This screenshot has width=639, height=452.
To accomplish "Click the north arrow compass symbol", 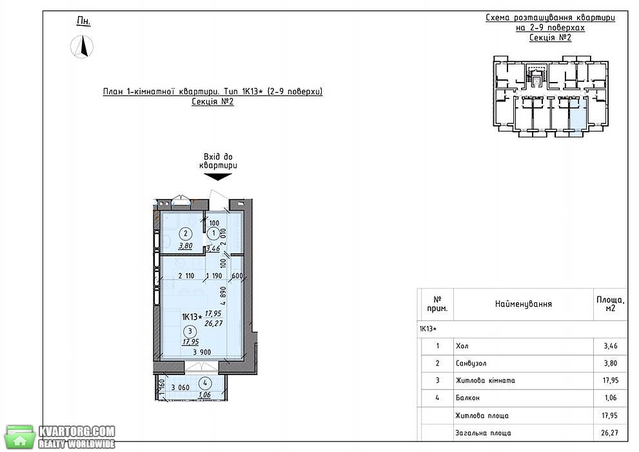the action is [82, 46].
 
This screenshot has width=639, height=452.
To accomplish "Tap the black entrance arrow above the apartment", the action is [217, 177].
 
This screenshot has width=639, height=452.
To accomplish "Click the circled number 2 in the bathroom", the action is [186, 234].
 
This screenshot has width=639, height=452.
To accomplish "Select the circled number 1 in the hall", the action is [213, 234].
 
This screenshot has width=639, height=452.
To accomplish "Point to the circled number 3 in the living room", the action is [190, 332].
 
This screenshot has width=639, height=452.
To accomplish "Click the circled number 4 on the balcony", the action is [205, 384].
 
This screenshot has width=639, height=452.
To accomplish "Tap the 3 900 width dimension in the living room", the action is [202, 352].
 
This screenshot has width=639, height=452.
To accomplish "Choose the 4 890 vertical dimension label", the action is [223, 296].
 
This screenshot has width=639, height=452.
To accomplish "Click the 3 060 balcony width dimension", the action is [180, 387].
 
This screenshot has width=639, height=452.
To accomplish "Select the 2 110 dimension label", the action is [186, 276].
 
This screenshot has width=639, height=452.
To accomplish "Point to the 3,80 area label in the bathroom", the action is [186, 246].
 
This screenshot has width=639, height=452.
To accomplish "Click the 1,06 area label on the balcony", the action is [204, 395].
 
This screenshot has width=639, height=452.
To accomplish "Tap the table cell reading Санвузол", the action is [471, 363].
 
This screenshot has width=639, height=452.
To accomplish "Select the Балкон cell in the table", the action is [468, 398].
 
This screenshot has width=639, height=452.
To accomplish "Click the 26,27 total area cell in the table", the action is [609, 433].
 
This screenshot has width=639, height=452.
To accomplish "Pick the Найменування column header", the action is [524, 304].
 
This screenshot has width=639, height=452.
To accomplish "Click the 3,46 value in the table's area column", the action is [611, 346].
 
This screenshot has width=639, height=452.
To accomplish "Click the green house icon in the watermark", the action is [19, 437].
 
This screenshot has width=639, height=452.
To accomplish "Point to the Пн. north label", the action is [84, 21].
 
